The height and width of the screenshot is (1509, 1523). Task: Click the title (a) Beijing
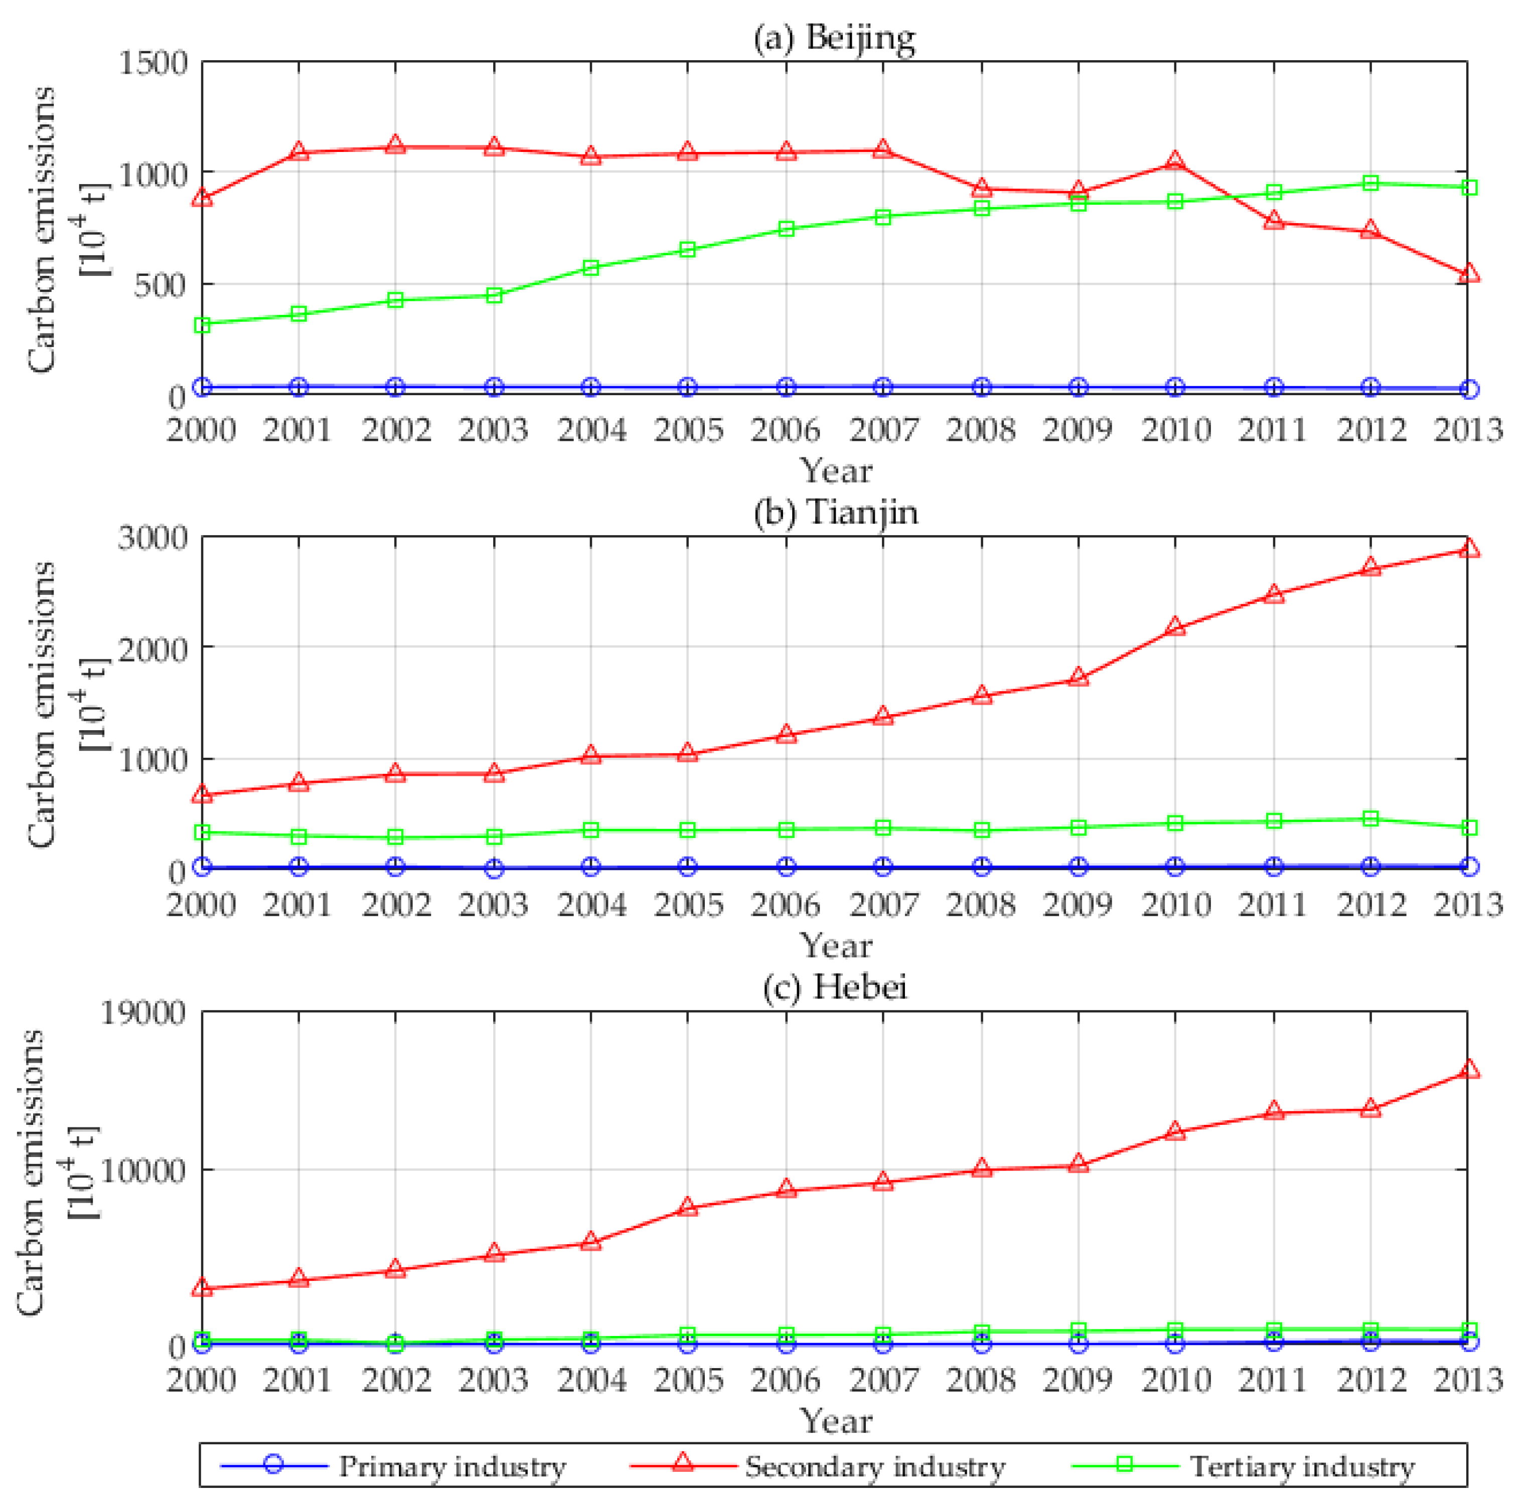click(835, 38)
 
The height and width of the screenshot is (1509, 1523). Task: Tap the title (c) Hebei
click(836, 986)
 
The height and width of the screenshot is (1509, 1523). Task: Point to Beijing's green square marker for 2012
click(1371, 183)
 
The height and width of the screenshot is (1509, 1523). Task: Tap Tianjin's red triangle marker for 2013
click(1468, 549)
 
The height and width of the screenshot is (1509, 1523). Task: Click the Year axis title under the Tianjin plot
click(836, 946)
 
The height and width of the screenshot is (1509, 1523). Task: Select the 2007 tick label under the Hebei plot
click(883, 1380)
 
